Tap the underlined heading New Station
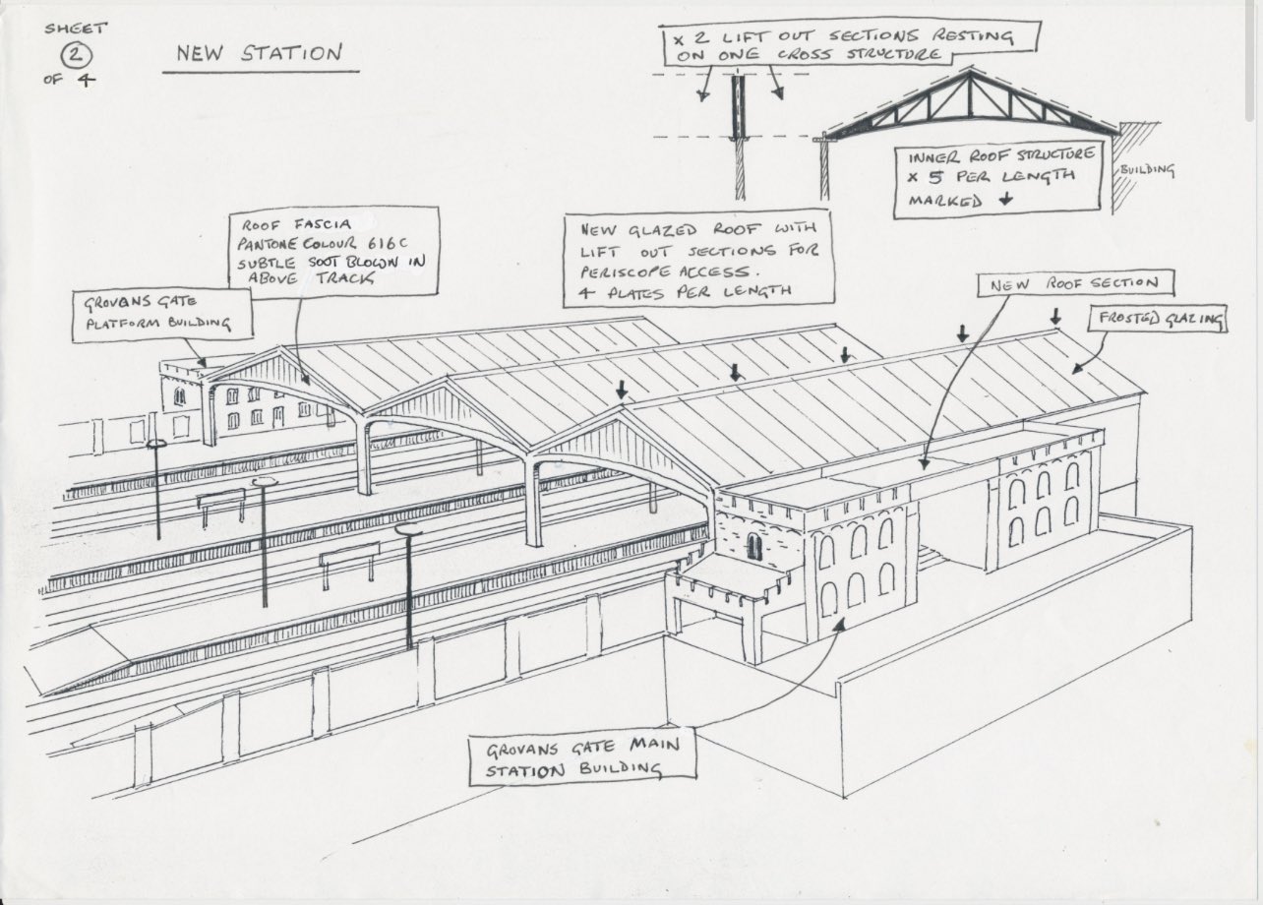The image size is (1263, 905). point(260,53)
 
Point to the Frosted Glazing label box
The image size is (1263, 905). point(1157,318)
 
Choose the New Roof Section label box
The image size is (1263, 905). point(1075,284)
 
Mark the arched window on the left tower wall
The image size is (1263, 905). point(753,546)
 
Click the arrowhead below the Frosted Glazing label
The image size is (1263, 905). point(1074,369)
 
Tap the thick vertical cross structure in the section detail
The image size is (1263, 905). point(736,108)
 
